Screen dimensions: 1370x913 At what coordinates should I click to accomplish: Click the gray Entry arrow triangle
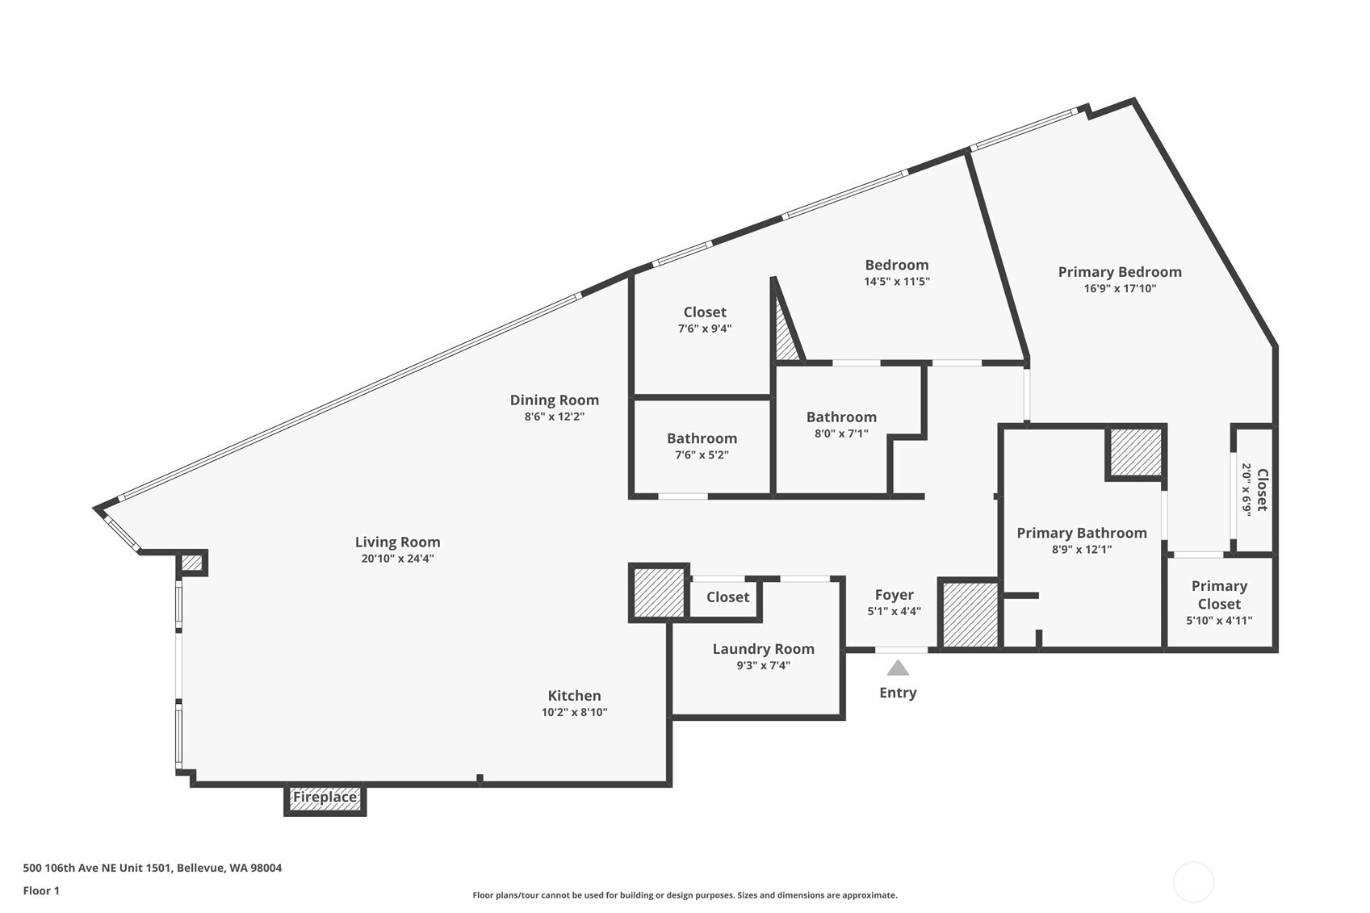(898, 668)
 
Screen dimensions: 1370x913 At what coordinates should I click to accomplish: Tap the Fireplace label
(325, 798)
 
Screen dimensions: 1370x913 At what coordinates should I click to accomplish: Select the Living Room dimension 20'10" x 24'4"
(397, 559)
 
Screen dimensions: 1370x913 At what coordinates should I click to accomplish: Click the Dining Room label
(555, 400)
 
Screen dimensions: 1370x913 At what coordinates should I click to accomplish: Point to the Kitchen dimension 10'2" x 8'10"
(574, 712)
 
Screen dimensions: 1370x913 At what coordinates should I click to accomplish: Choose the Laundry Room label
(763, 649)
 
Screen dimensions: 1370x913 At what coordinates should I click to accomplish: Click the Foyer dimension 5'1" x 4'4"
(894, 610)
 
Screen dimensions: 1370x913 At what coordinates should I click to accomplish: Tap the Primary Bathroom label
(1082, 533)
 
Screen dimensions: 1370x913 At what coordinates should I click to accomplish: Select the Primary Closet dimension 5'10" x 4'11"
(1220, 620)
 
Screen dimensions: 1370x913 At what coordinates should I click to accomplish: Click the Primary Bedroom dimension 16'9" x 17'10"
(1120, 288)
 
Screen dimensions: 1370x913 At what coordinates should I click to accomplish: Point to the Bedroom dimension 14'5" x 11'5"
(897, 281)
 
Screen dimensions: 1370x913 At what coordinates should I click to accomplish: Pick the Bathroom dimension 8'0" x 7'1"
(841, 433)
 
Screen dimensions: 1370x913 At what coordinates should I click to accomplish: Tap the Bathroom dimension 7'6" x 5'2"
(702, 455)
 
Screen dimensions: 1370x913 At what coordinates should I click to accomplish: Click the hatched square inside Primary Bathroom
(1136, 452)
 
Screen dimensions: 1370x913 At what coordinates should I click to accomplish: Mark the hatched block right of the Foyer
(970, 614)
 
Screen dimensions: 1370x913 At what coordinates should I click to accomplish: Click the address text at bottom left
(153, 868)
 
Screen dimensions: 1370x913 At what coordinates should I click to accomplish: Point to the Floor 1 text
(42, 890)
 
